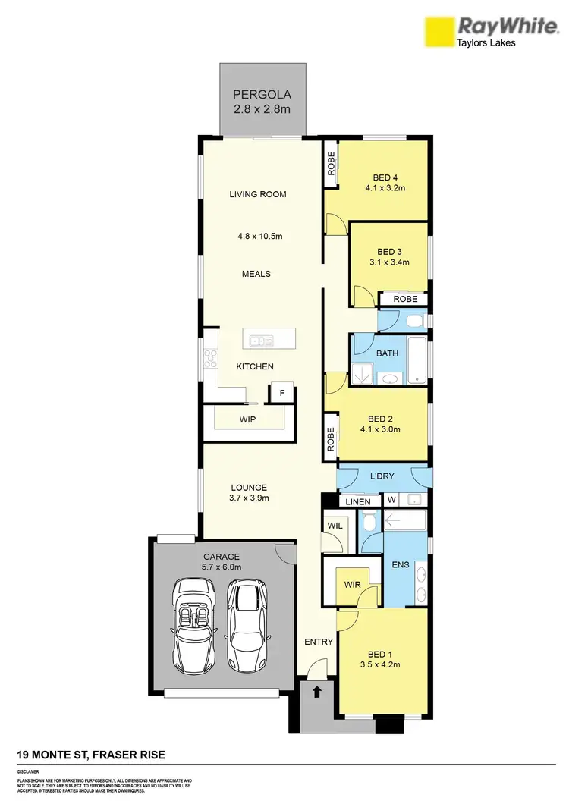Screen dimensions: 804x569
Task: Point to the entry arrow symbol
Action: point(316,692)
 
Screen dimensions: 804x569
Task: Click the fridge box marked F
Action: point(282,394)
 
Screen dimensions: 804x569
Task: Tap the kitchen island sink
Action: point(260,341)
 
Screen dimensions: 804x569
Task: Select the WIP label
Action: point(247,418)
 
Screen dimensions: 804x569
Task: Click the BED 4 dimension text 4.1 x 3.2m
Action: point(384,189)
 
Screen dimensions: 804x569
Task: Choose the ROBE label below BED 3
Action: point(405,300)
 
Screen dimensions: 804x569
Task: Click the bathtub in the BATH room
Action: point(417,360)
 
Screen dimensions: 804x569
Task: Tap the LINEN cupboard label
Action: point(358,501)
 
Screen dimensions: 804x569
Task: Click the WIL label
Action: point(335,525)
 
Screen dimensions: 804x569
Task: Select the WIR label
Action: point(351,585)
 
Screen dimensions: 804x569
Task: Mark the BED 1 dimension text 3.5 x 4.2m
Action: point(380,664)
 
